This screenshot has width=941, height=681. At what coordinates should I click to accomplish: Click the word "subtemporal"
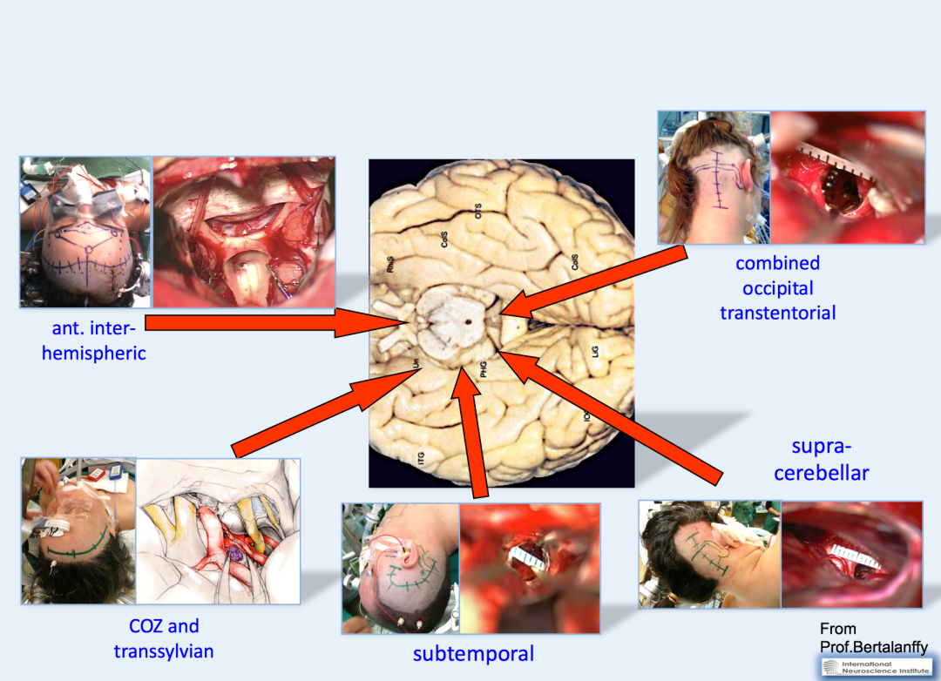(x=473, y=653)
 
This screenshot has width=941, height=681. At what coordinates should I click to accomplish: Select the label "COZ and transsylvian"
(x=164, y=638)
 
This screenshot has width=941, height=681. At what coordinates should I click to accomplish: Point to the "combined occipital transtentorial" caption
(x=777, y=287)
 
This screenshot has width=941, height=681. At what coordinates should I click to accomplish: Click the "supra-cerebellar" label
(x=822, y=460)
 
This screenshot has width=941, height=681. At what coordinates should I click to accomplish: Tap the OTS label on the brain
(x=477, y=210)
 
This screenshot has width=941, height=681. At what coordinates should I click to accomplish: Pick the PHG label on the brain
(x=482, y=370)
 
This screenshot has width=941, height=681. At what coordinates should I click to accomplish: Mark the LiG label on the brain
(x=595, y=353)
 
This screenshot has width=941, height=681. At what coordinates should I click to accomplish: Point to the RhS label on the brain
(x=391, y=265)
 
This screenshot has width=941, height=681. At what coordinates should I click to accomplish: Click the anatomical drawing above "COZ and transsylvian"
(x=218, y=530)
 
